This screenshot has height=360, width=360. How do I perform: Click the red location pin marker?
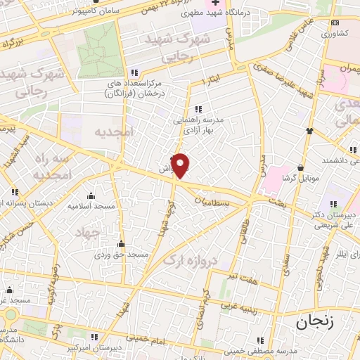pos(181,165)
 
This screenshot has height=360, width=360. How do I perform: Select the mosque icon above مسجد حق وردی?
pos(121,243)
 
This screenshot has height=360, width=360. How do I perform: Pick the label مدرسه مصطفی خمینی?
pos(261,352)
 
